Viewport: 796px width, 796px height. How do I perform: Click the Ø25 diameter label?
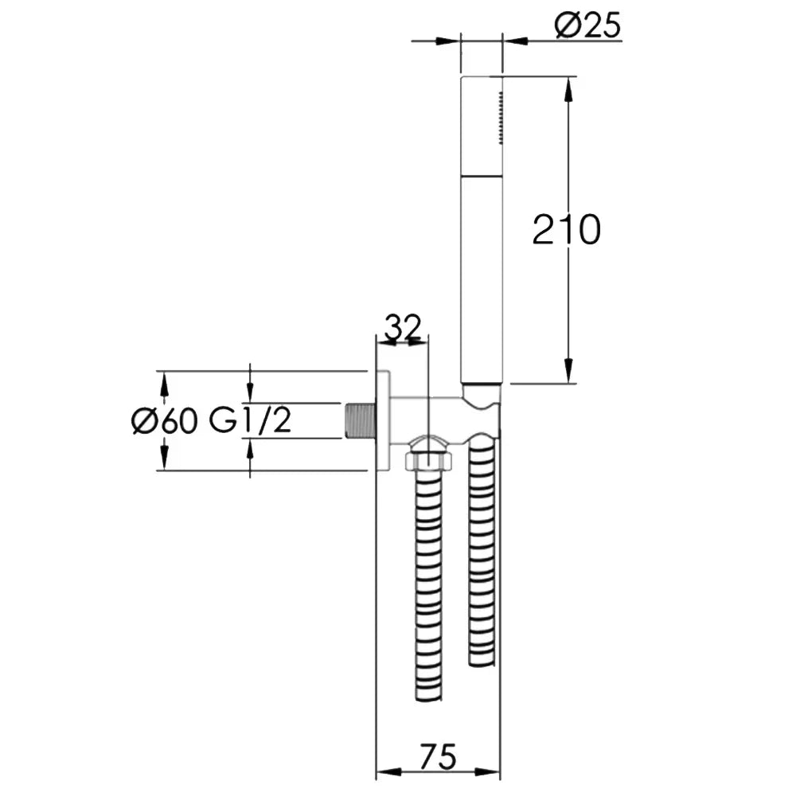click(x=587, y=25)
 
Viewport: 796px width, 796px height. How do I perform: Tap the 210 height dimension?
click(x=567, y=230)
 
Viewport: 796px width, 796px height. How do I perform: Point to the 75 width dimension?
click(x=438, y=756)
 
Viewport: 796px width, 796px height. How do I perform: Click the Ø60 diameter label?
click(x=164, y=421)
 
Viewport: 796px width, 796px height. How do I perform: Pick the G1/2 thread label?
click(x=251, y=421)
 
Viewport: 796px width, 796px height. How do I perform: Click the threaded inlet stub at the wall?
click(x=360, y=421)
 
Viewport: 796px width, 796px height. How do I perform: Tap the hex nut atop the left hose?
click(x=429, y=462)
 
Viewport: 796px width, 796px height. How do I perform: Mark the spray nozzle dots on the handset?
click(x=501, y=118)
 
